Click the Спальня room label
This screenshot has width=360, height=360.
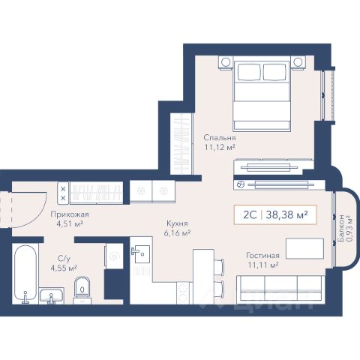tap(220, 138)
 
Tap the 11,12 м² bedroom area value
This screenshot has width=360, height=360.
tap(220, 147)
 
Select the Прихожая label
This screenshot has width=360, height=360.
tap(70, 214)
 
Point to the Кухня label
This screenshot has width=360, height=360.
tap(177, 223)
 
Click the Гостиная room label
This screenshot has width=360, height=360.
tap(262, 256)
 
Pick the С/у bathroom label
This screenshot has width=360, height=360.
tap(64, 258)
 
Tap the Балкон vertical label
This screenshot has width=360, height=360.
tap(340, 228)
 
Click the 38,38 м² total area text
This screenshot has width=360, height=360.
tap(286, 214)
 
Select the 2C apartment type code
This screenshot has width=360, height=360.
tap(250, 214)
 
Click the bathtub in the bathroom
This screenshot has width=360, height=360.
tap(25, 274)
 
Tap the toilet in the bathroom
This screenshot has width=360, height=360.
tap(82, 290)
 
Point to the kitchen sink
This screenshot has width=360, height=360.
tap(142, 253)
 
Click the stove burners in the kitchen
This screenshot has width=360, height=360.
tap(183, 292)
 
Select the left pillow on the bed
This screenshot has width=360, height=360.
tap(250, 72)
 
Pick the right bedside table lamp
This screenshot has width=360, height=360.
tap(298, 62)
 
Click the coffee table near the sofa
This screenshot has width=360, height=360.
tap(304, 248)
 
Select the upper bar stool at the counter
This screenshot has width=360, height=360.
tap(219, 267)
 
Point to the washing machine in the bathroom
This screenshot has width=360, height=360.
tap(114, 256)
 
